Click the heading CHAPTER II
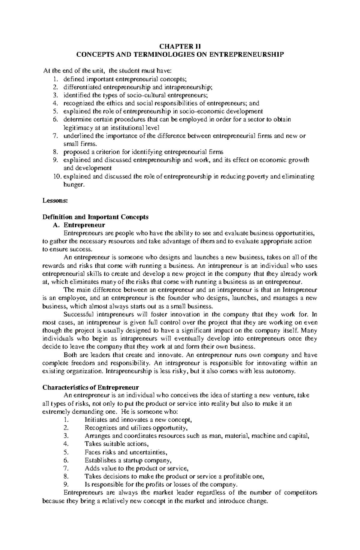pos(180,46)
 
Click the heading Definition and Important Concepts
pos(95,217)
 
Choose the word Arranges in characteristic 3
pos(97,436)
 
